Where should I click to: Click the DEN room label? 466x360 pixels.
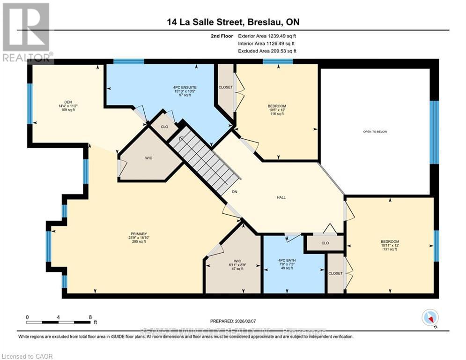65,105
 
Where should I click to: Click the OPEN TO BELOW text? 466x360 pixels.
375,132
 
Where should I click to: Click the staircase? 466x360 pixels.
206,161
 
